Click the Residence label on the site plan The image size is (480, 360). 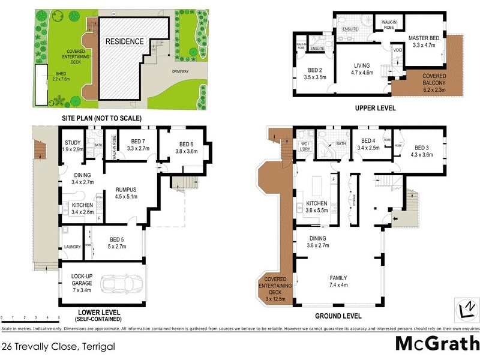tap(125, 41)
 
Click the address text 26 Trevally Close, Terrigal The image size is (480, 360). tap(58, 346)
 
